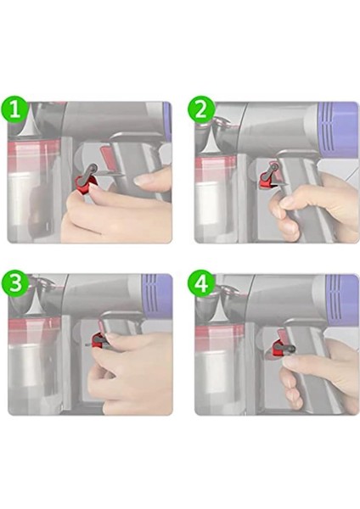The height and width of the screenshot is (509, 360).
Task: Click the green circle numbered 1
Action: click(x=15, y=109)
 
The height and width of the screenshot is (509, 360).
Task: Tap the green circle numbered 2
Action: click(x=201, y=109)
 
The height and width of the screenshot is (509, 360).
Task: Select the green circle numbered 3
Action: click(x=15, y=282)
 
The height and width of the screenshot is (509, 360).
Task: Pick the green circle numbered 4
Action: click(x=201, y=284)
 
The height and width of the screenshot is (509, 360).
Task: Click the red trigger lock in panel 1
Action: click(x=85, y=184)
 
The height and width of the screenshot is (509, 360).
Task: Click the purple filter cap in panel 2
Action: click(x=338, y=129)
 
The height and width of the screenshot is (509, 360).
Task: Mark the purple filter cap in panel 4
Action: click(x=341, y=299)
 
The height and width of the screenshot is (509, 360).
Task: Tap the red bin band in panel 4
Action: click(x=221, y=338)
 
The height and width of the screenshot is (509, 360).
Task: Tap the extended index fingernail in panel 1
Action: click(x=142, y=181)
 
